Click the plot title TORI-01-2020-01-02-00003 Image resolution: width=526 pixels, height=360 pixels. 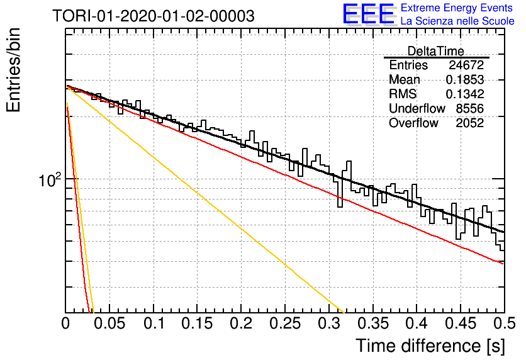click(154, 16)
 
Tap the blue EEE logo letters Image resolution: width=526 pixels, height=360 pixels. click(369, 14)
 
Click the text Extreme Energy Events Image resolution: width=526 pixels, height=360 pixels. click(457, 8)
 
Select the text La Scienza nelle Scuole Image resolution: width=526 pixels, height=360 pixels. click(457, 21)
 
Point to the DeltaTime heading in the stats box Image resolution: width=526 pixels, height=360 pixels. click(435, 51)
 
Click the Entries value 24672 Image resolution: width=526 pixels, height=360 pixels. click(466, 65)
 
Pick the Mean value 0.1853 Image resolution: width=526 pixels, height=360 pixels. click(464, 79)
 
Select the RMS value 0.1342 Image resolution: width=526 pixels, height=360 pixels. click(464, 94)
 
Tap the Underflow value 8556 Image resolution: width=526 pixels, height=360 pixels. click(469, 108)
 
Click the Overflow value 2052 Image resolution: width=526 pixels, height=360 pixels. click(469, 123)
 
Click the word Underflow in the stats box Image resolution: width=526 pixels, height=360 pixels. click(417, 108)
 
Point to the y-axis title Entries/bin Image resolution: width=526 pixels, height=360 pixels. click(14, 70)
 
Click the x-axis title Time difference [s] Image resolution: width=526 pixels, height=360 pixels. click(430, 346)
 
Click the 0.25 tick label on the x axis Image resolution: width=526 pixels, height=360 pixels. click(285, 323)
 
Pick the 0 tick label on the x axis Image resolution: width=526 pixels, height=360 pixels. click(65, 323)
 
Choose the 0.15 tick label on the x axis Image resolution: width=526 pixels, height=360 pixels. click(198, 323)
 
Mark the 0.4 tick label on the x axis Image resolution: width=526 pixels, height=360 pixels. click(417, 323)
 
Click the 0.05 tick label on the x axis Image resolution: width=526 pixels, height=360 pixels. click(109, 323)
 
